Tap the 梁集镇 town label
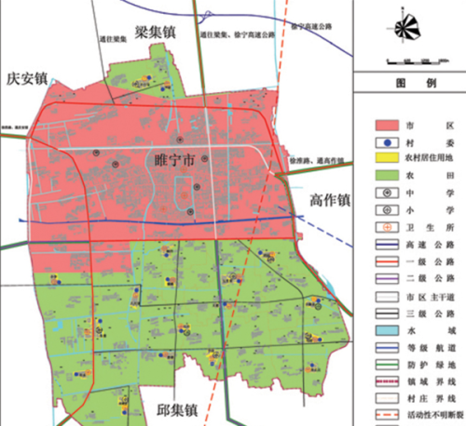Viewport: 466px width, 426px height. pos(155,32)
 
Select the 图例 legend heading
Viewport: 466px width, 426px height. pos(410,83)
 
